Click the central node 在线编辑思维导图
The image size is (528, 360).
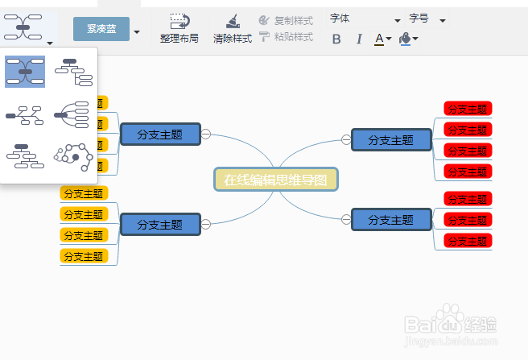pos(276,180)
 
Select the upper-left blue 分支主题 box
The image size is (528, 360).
pos(159,134)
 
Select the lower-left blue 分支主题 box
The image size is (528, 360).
pos(159,224)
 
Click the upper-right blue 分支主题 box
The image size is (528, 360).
pos(390,139)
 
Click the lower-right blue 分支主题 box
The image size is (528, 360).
pos(390,219)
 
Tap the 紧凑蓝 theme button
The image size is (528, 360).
pos(101,29)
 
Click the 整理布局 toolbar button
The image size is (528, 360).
pos(179,28)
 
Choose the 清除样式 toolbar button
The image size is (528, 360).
pos(233,28)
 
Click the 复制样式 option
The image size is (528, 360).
pos(287,20)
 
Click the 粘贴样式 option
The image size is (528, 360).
pos(287,37)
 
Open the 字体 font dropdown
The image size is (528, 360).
pos(365,19)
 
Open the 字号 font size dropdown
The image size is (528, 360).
pos(427,19)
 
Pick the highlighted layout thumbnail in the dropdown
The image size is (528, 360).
pos(24,72)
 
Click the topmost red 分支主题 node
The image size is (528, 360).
pos(468,109)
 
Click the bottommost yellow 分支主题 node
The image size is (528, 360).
pos(84,256)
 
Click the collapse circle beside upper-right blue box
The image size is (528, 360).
pos(346,139)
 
